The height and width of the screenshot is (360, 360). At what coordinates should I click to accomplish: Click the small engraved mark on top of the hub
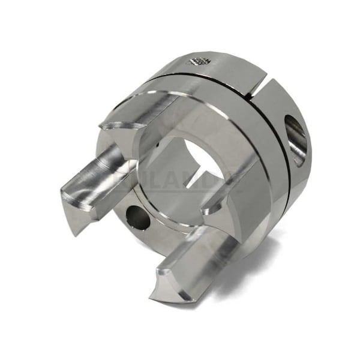(199, 61)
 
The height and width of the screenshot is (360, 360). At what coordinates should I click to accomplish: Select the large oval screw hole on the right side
(296, 140)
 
